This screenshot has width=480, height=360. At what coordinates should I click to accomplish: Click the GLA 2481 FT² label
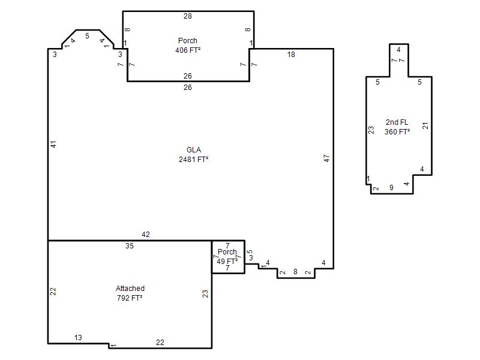pos(194,155)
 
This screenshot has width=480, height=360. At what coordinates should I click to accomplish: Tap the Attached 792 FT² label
pos(130,293)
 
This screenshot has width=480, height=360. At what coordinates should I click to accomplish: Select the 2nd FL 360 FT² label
pos(397,127)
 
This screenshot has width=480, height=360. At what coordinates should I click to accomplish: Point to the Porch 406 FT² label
pos(188,46)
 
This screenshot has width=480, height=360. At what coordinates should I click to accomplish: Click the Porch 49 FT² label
pos(227,257)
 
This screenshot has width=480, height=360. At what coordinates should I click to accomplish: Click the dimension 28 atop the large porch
pos(188,16)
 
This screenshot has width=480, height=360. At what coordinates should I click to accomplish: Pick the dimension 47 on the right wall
pos(326,158)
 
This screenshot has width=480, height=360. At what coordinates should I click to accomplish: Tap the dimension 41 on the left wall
pos(53,144)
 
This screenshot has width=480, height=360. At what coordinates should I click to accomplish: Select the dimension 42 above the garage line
pos(146,235)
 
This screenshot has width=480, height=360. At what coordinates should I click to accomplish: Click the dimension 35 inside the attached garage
pos(130,246)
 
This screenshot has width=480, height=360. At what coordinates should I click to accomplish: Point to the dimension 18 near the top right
pos(291,55)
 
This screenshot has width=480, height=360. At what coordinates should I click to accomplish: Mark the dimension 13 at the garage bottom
pos(78,338)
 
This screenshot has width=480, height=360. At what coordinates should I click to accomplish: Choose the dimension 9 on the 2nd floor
pos(391,188)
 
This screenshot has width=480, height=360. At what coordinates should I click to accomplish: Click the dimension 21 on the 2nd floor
pos(425,125)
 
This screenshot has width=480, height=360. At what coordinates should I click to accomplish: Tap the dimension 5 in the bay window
pos(87,36)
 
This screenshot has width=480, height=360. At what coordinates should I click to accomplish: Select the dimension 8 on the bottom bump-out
pos(295,272)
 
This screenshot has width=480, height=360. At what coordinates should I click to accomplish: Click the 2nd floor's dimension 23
pos(371,130)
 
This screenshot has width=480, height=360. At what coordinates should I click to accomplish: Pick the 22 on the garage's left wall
pos(53,292)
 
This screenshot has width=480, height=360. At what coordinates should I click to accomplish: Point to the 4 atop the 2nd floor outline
pos(398,50)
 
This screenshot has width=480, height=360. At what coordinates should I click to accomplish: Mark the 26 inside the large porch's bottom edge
pos(188,76)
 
